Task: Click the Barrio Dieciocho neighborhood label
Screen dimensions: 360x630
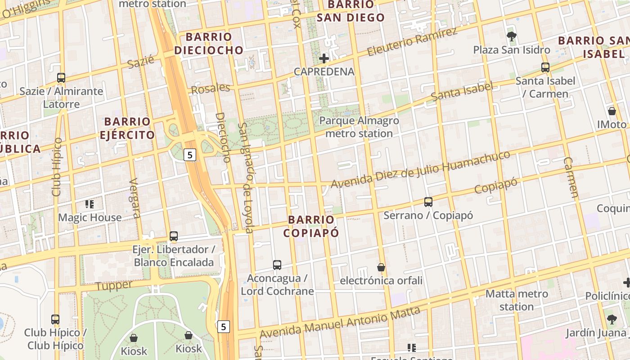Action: click(x=209, y=43)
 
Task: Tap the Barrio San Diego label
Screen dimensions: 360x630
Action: click(x=351, y=11)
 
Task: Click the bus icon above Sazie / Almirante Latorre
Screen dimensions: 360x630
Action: click(x=61, y=78)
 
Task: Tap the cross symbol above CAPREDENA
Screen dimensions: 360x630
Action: click(x=324, y=58)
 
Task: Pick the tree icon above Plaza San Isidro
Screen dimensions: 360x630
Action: click(x=511, y=36)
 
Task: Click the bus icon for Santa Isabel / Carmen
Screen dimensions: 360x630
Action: click(x=545, y=68)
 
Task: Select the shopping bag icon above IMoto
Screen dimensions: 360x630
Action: click(x=612, y=111)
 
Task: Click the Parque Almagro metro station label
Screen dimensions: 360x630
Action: click(x=359, y=127)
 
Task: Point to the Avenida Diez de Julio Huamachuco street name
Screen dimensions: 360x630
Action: click(x=420, y=170)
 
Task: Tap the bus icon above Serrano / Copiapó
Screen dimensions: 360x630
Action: click(x=428, y=202)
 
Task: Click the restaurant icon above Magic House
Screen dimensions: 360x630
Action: click(x=90, y=204)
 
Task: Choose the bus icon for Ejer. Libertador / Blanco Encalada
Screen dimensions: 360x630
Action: click(x=174, y=236)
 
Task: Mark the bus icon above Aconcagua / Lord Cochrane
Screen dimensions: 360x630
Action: click(x=277, y=265)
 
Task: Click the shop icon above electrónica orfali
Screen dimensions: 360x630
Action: click(x=381, y=267)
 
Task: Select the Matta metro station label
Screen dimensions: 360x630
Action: click(x=517, y=300)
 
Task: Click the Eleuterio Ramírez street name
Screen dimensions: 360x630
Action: click(x=412, y=42)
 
